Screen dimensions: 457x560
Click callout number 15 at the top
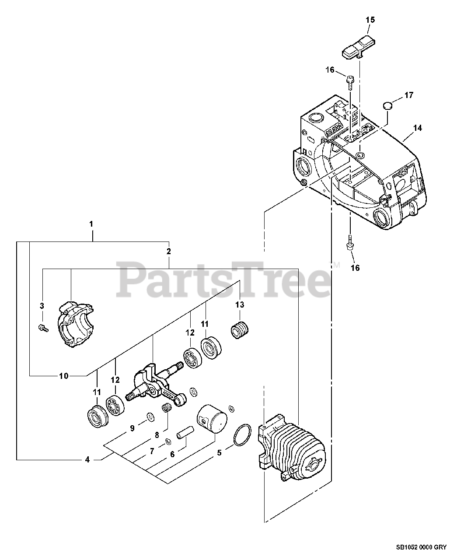pyautogui.click(x=370, y=20)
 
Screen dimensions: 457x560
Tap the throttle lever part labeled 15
pyautogui.click(x=357, y=48)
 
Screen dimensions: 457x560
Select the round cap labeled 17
pyautogui.click(x=387, y=105)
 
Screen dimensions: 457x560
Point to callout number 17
pyautogui.click(x=408, y=95)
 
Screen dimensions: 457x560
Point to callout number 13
pyautogui.click(x=240, y=304)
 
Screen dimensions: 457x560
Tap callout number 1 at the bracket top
pyautogui.click(x=91, y=224)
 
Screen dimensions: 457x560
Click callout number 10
pyautogui.click(x=64, y=375)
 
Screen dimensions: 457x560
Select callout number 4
pyautogui.click(x=87, y=459)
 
